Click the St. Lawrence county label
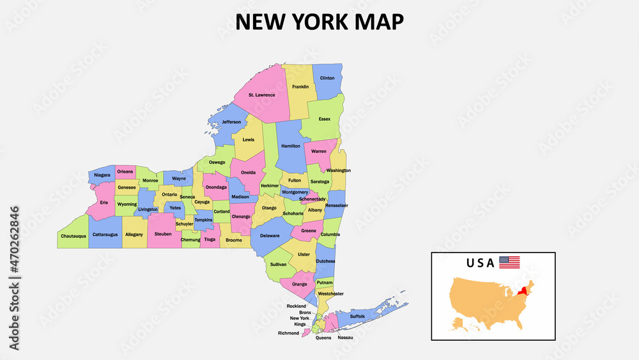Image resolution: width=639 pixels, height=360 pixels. click(x=262, y=95)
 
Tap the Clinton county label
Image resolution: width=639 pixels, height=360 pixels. click(x=327, y=78)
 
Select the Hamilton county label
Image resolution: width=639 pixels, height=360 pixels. click(x=291, y=146)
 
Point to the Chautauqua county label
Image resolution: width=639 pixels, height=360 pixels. click(x=73, y=236)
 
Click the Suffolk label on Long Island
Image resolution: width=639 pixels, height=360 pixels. click(x=358, y=317)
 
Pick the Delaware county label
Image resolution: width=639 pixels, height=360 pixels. click(x=270, y=236)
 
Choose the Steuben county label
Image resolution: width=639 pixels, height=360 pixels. click(x=163, y=235)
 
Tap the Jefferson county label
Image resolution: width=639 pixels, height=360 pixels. click(x=231, y=122)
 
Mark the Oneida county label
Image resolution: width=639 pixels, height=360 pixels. click(x=249, y=173)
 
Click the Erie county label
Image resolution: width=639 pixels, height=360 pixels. click(x=104, y=203)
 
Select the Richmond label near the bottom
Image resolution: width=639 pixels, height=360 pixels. click(x=288, y=333)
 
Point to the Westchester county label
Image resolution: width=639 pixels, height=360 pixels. click(x=330, y=294)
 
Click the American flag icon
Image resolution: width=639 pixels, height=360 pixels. click(x=509, y=262)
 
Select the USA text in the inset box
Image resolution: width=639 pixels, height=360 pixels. click(x=481, y=263)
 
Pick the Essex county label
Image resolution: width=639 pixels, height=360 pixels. click(x=325, y=119)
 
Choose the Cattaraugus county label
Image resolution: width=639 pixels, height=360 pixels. click(x=105, y=235)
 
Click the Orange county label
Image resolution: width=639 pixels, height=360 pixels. click(x=300, y=284)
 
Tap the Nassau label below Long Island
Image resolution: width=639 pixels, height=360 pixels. click(x=345, y=338)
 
